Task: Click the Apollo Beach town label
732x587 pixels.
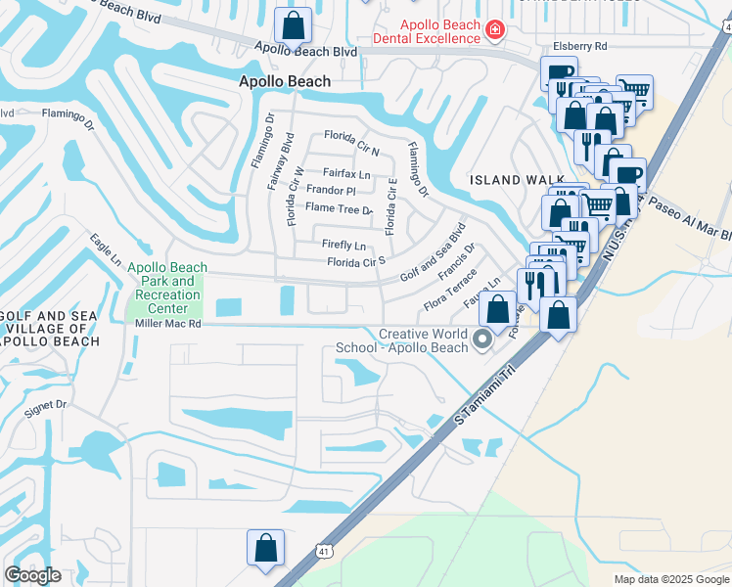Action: click(x=284, y=83)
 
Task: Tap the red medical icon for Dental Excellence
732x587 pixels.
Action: click(x=495, y=31)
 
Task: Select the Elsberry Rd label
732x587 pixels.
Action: click(x=579, y=46)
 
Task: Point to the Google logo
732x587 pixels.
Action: click(x=32, y=575)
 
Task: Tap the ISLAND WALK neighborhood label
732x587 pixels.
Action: click(x=517, y=180)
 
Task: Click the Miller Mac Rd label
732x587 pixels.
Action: click(x=167, y=323)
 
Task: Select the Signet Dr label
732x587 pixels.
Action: click(x=46, y=403)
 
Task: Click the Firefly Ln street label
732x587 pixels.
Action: click(x=343, y=244)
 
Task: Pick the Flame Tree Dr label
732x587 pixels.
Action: click(x=339, y=208)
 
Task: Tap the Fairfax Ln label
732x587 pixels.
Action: click(x=347, y=174)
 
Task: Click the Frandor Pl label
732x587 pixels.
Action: click(x=331, y=191)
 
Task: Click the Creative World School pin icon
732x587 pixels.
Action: click(x=481, y=339)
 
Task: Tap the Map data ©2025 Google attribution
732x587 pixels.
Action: click(x=671, y=579)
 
